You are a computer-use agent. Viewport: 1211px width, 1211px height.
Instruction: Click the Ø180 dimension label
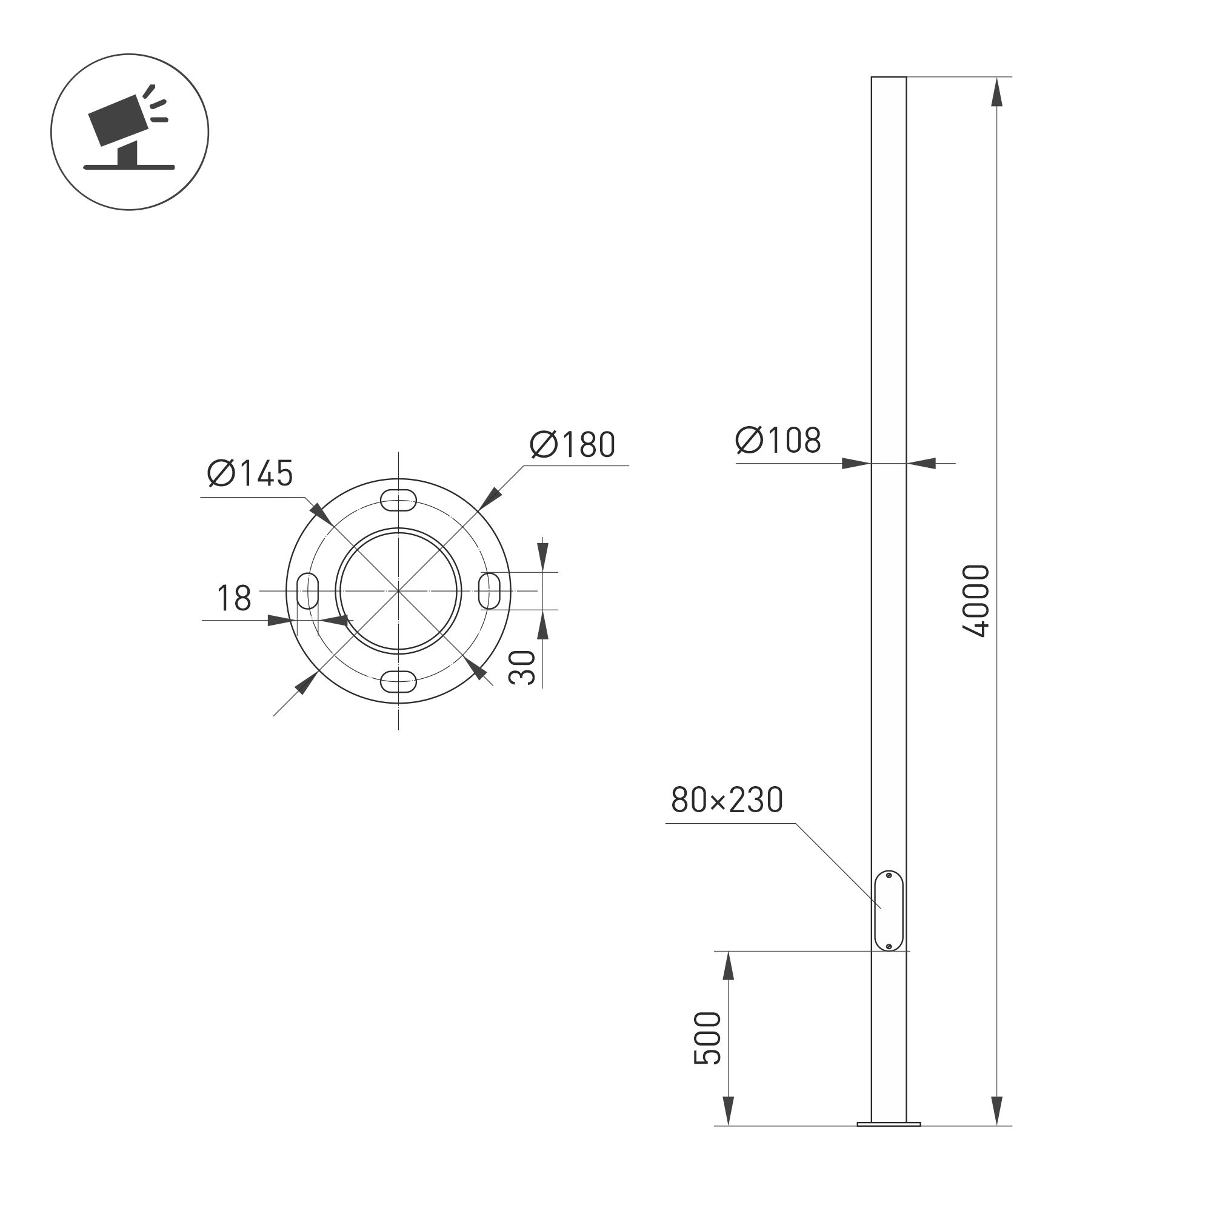[x=572, y=444]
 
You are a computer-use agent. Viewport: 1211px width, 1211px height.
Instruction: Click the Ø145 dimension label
[x=250, y=473]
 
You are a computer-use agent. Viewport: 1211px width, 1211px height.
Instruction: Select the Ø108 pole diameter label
[x=778, y=441]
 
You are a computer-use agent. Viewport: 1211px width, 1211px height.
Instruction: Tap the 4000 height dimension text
[x=976, y=601]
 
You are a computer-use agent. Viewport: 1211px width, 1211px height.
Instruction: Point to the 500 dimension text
[x=708, y=1038]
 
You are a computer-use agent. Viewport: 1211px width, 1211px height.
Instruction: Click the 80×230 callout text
[x=727, y=800]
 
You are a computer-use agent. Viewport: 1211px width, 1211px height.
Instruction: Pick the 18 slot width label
[x=234, y=599]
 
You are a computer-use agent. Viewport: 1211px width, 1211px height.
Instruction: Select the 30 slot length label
[x=522, y=667]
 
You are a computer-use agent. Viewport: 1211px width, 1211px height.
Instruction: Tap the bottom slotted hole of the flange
[x=398, y=680]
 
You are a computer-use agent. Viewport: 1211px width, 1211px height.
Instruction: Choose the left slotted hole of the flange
[x=308, y=590]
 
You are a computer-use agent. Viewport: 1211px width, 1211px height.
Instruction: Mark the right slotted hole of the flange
[x=489, y=590]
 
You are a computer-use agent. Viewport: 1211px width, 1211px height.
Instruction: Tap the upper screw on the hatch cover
[x=889, y=875]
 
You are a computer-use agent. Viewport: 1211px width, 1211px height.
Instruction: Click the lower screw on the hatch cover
[x=889, y=947]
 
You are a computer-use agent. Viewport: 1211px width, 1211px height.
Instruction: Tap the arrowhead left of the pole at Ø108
[x=856, y=464]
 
